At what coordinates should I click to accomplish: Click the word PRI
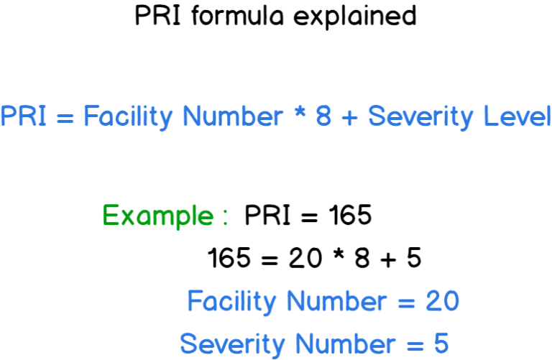(x=24, y=116)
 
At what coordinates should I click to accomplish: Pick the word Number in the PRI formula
(x=233, y=116)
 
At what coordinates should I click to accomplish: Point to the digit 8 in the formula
(x=324, y=116)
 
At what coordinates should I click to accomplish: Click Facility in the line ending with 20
(x=231, y=302)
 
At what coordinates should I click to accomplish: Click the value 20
(x=441, y=302)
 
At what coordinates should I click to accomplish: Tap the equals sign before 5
(x=416, y=346)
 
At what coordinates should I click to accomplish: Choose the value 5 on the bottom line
(x=441, y=344)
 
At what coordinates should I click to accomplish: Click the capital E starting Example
(x=110, y=216)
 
